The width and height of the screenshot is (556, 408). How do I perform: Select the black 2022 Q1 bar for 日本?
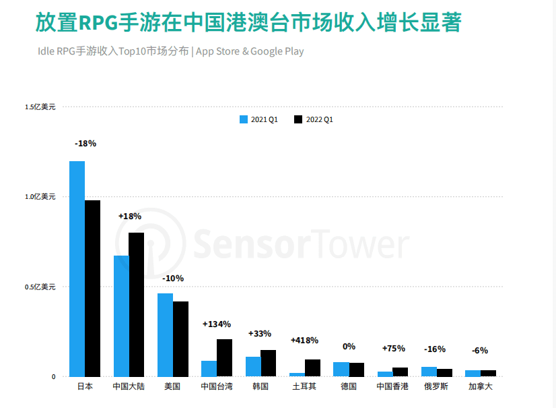(x=93, y=288)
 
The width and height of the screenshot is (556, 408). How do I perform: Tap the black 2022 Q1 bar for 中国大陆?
(x=137, y=304)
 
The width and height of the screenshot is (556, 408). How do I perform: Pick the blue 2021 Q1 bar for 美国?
(x=165, y=334)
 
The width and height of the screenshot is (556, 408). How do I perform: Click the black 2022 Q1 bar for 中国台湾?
(x=224, y=357)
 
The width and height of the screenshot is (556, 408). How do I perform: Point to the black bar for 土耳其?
(x=312, y=368)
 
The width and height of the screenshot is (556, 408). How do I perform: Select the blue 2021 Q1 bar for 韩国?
(x=253, y=366)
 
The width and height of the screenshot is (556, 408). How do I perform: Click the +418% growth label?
(x=304, y=341)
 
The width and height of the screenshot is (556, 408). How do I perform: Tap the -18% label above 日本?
(x=85, y=144)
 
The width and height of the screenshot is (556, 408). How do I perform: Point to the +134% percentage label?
(x=217, y=324)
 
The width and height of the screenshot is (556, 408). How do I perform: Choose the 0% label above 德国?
(x=349, y=347)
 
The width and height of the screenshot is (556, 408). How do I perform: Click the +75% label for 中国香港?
(x=393, y=349)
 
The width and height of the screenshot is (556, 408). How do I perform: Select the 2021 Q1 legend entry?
(x=259, y=119)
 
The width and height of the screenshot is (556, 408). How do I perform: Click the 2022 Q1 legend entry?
(x=314, y=119)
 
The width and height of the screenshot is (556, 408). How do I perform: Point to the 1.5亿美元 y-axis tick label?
(x=41, y=107)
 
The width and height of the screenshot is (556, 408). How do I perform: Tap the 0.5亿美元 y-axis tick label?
(x=41, y=287)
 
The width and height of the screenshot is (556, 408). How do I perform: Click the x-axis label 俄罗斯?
(x=436, y=387)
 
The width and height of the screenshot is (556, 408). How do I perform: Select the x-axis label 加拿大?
(x=480, y=387)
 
